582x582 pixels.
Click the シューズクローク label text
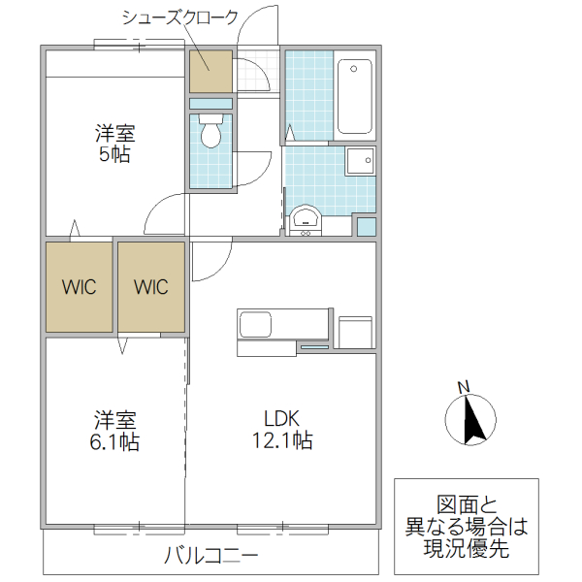coord(179,17)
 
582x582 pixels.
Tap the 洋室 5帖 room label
coord(114,143)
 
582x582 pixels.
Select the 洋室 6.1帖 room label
coord(115,432)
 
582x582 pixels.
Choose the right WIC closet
coord(150,287)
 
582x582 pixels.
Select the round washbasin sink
coord(306,217)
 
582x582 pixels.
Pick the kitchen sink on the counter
coord(256,324)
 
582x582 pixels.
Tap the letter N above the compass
coord(464,389)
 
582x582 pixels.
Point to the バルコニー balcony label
coord(210,557)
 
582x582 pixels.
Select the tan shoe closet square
coord(210,71)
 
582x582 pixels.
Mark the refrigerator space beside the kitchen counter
coord(355,331)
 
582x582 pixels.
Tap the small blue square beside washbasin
coord(366,227)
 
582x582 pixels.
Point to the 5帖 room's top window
coord(139,45)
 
